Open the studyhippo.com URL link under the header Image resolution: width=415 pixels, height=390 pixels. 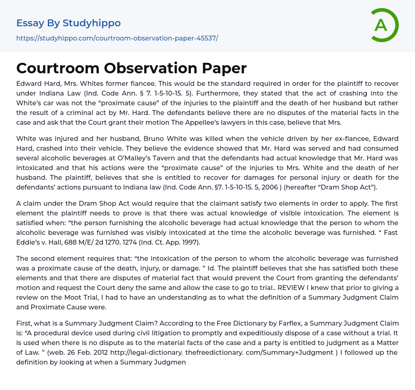pyautogui.click(x=117, y=38)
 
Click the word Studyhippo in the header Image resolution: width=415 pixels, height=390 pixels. pyautogui.click(x=92, y=23)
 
